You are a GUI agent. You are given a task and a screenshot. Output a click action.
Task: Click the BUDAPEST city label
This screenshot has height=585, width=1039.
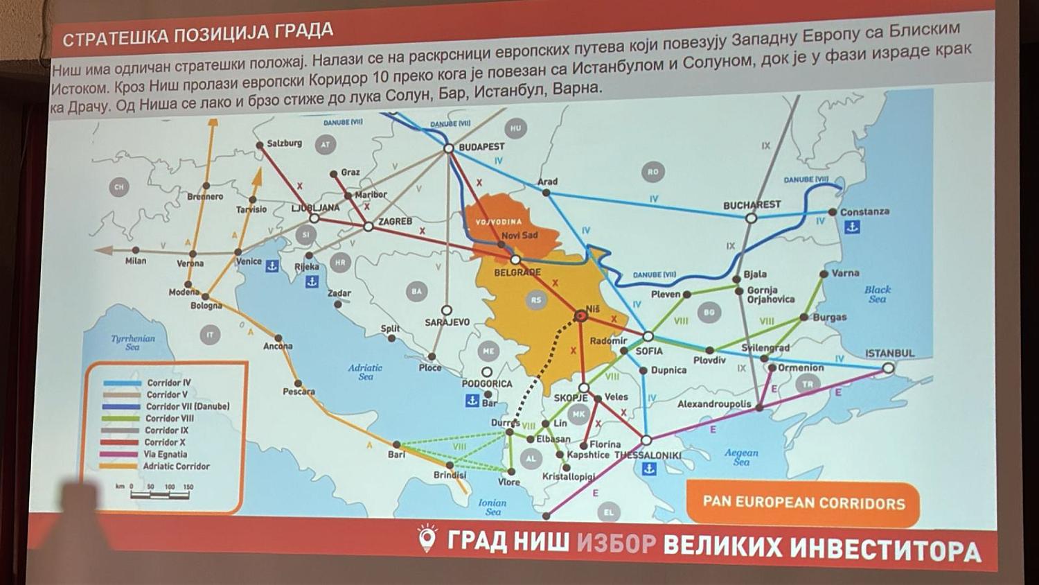click(x=481, y=147)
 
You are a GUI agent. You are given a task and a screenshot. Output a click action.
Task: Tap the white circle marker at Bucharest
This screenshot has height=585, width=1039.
click(x=751, y=218)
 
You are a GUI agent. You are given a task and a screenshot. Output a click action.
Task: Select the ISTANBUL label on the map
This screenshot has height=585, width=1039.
click(x=889, y=353)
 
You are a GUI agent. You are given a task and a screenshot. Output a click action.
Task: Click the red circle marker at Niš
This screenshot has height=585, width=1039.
click(x=581, y=316)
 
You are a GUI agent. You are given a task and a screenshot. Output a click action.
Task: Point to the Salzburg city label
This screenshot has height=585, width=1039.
click(x=284, y=143)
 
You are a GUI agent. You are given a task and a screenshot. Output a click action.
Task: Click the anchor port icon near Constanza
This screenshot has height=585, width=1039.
click(x=853, y=227)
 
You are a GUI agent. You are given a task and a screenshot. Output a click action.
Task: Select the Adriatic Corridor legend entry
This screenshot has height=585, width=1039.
click(x=176, y=466)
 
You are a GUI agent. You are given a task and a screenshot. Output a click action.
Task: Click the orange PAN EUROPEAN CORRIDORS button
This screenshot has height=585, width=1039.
click(x=803, y=503)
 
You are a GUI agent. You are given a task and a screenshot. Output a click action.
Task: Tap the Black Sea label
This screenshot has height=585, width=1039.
click(x=878, y=294)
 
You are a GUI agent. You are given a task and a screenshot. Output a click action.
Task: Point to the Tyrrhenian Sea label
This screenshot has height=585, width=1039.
click(x=133, y=342)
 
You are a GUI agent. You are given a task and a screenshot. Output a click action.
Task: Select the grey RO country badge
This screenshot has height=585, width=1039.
click(x=652, y=171)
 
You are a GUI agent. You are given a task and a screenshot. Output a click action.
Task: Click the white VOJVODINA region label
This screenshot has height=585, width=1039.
click(x=499, y=222)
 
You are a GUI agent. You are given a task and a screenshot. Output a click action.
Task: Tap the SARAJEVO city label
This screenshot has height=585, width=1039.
click(x=447, y=322)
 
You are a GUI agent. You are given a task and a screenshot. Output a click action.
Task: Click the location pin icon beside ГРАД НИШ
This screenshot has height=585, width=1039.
click(x=427, y=538)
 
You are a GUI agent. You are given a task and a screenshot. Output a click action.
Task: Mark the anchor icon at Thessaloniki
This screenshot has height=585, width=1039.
click(x=649, y=469)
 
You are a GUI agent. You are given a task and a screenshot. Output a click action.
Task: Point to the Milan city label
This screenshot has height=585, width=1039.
click(x=136, y=261)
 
